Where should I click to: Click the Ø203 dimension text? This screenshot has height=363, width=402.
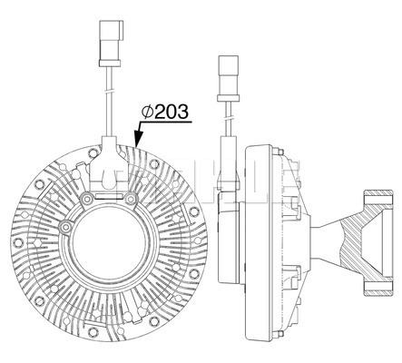pyautogui.click(x=165, y=112)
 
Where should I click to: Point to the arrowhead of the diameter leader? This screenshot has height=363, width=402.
pyautogui.click(x=138, y=138)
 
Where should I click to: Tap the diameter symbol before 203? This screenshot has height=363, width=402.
pyautogui.click(x=148, y=112)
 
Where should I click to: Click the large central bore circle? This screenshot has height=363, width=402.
pyautogui.click(x=110, y=239)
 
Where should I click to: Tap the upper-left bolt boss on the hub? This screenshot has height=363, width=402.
pyautogui.click(x=88, y=199)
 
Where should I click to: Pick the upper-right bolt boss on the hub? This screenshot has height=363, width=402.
pyautogui.click(x=131, y=199)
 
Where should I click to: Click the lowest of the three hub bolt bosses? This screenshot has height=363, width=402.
pyautogui.click(x=65, y=227)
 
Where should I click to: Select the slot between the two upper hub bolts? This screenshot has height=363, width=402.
pyautogui.click(x=110, y=197)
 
